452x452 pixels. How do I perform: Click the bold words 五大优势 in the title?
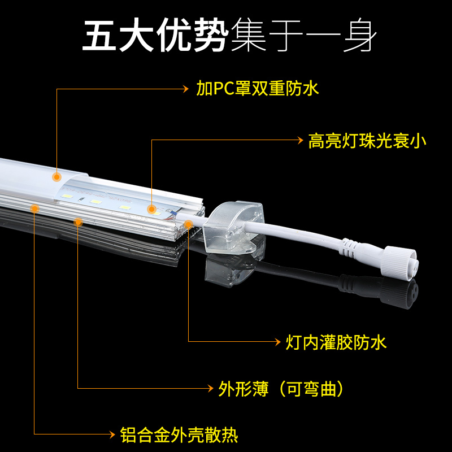click(x=155, y=37)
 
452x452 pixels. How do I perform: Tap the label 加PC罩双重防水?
click(x=257, y=89)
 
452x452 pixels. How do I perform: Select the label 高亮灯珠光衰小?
click(x=367, y=141)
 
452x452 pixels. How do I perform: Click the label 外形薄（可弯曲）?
click(x=281, y=389)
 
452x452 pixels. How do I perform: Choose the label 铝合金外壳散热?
click(x=179, y=434)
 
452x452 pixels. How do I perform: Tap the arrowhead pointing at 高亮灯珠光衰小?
click(x=300, y=141)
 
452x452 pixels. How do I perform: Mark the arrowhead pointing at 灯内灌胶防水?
click(x=277, y=342)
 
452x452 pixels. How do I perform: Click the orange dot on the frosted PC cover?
click(x=56, y=176)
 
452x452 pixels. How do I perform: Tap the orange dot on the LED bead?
click(x=151, y=210)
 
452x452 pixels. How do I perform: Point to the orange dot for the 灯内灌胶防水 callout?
click(x=188, y=225)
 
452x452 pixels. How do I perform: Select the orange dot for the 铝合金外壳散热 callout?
click(x=34, y=208)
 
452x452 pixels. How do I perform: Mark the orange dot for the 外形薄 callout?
click(x=78, y=222)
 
